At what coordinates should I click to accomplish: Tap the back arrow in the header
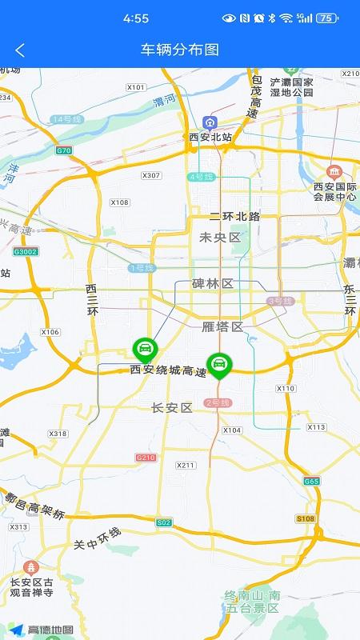(20, 50)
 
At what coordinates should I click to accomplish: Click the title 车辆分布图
(180, 50)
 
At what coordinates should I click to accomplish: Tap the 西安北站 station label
(210, 137)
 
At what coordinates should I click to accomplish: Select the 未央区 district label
(220, 238)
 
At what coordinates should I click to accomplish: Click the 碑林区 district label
(212, 284)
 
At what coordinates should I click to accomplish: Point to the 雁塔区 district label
(222, 326)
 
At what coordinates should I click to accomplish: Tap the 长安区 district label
(172, 408)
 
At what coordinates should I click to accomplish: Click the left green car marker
(145, 349)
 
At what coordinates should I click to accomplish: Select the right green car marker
(218, 365)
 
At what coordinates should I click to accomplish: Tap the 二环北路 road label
(234, 217)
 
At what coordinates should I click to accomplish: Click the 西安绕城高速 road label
(168, 371)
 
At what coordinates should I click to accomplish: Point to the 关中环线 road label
(97, 538)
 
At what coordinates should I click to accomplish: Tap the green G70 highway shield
(64, 150)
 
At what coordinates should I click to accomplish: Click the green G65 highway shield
(311, 481)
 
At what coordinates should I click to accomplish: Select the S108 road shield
(306, 518)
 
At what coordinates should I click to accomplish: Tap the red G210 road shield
(146, 458)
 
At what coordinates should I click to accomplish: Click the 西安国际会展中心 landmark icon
(334, 172)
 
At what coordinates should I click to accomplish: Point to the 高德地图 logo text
(50, 630)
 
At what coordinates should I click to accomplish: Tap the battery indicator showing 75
(327, 18)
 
